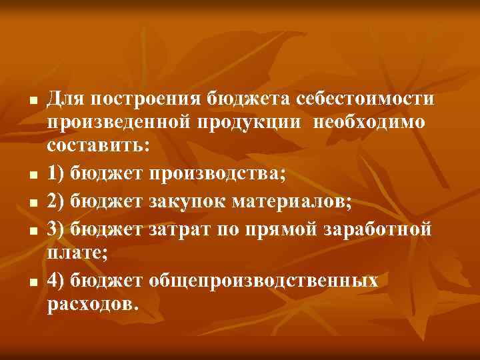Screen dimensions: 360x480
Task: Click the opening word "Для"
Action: [67, 100]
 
